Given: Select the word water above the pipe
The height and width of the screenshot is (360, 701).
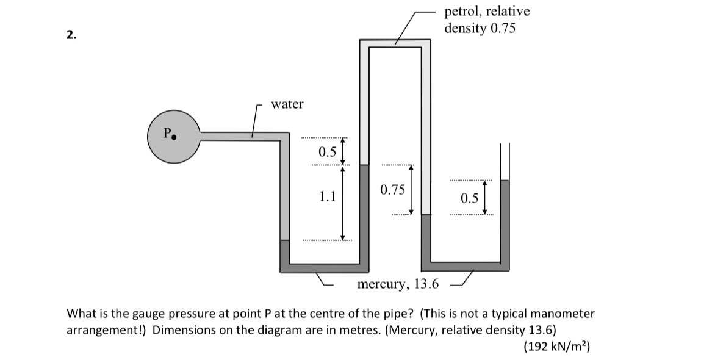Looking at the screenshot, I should point(287,104).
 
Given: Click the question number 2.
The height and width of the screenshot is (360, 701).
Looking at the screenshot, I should point(71,35).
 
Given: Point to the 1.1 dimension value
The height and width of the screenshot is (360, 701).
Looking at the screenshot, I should point(328,196).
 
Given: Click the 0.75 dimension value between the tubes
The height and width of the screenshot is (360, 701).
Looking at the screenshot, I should point(392,190).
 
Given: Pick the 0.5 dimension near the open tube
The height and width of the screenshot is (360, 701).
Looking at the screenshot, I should point(470,198).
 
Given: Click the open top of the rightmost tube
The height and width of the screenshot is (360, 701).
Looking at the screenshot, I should point(505,146).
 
